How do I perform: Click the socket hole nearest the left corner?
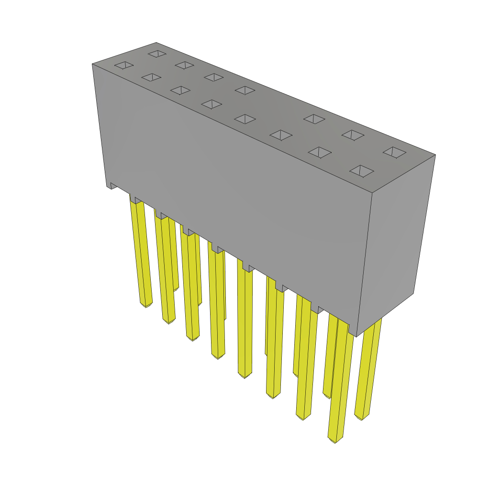pyautogui.click(x=124, y=65)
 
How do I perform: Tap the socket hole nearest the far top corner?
pyautogui.click(x=157, y=54)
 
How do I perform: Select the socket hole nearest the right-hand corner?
pyautogui.click(x=394, y=152)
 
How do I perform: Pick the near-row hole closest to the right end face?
pyautogui.click(x=362, y=171)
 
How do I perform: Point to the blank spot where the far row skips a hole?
pyautogui.click(x=279, y=104)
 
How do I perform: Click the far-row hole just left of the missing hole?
pyautogui.click(x=245, y=90)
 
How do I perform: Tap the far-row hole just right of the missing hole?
pyautogui.click(x=314, y=119)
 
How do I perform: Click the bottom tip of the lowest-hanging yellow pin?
pyautogui.click(x=335, y=441)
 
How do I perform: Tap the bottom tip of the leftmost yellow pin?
pyautogui.click(x=146, y=305)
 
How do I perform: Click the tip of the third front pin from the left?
pyautogui.click(x=192, y=339)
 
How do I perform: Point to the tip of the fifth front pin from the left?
pyautogui.click(x=245, y=376)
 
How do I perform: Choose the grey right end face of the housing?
pyautogui.click(x=397, y=239)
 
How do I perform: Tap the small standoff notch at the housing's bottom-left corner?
pyautogui.click(x=111, y=185)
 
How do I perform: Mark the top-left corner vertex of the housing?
pyautogui.click(x=92, y=64)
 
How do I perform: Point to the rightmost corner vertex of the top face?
pyautogui.click(x=435, y=155)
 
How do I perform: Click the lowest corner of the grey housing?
pyautogui.click(x=356, y=336)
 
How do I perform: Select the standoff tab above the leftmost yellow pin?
pyautogui.click(x=137, y=200)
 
